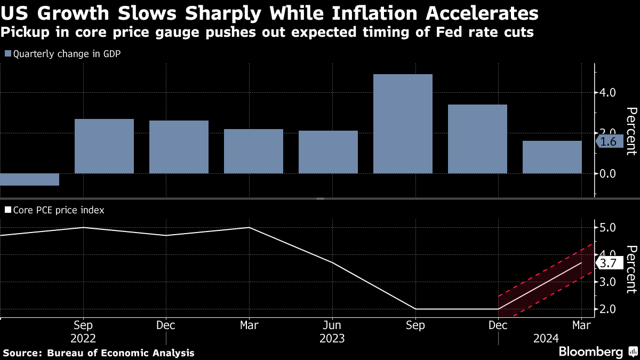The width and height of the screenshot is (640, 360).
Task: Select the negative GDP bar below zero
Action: (x=29, y=179)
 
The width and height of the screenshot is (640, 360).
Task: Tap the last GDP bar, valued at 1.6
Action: (x=552, y=157)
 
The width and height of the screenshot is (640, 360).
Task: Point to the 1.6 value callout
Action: (x=608, y=141)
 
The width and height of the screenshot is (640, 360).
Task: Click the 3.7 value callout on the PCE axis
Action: (x=609, y=263)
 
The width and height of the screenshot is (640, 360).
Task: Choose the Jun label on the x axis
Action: (x=332, y=325)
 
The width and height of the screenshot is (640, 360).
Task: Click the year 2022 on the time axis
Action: (x=83, y=339)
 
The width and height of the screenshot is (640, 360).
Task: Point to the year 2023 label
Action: (x=332, y=339)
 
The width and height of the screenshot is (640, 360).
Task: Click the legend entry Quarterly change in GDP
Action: (x=59, y=53)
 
